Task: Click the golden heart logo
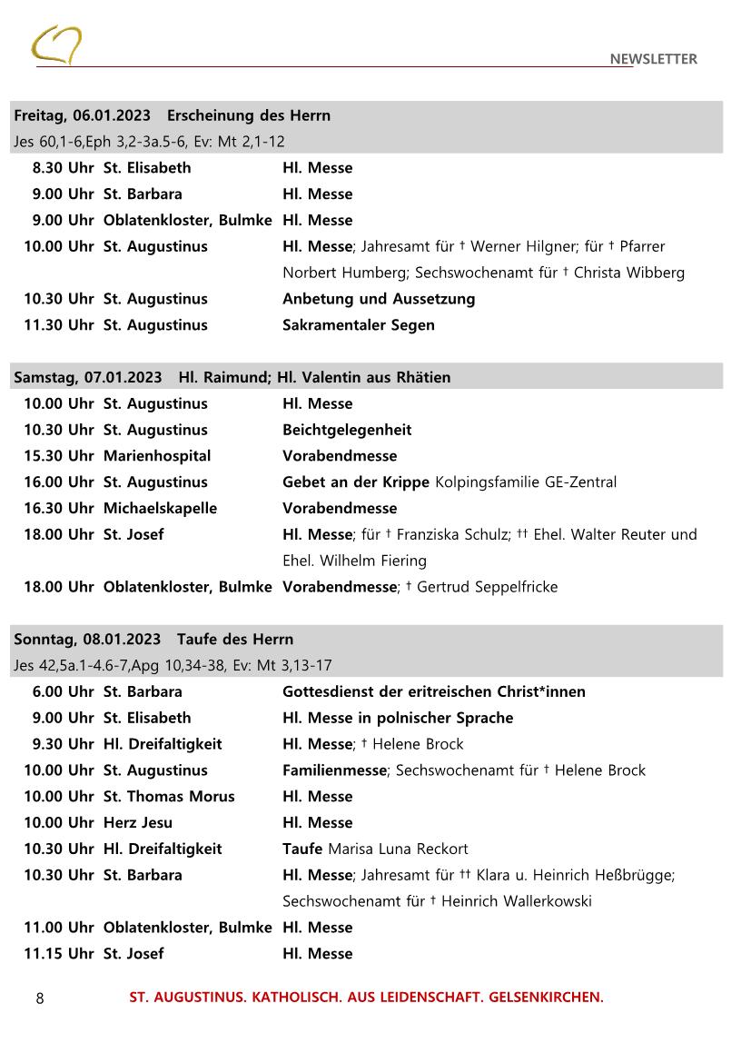click(56, 45)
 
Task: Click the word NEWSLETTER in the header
click(653, 59)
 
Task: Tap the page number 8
click(40, 998)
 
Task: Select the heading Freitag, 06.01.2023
click(82, 115)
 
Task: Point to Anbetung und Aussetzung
click(378, 299)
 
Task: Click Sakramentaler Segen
click(358, 325)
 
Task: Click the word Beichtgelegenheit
click(346, 430)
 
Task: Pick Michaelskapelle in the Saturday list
click(160, 509)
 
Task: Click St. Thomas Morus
click(168, 797)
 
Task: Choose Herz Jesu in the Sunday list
click(137, 823)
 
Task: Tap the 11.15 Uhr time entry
click(58, 954)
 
